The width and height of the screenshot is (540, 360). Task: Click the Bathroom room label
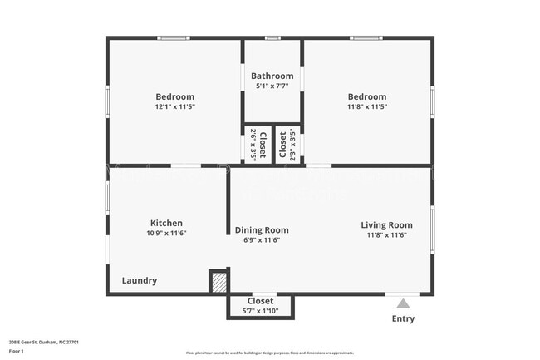(x=272, y=76)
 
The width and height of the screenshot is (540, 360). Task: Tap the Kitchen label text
(x=166, y=223)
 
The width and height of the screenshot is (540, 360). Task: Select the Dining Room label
(x=262, y=230)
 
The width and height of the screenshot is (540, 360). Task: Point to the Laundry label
(x=140, y=281)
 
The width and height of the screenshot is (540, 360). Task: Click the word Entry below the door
(x=403, y=319)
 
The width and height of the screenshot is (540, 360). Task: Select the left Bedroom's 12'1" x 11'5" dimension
(x=174, y=106)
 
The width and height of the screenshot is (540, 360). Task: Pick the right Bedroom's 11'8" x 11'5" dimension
(x=367, y=106)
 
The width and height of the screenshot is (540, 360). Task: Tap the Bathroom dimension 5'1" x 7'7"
(x=272, y=86)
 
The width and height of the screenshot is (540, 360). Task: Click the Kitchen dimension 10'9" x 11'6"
(x=166, y=234)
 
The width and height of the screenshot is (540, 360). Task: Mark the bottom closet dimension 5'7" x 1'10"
(x=260, y=311)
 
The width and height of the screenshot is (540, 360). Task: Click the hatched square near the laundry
(x=218, y=282)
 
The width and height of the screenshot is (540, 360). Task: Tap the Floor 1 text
(x=16, y=351)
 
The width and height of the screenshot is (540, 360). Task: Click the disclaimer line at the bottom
(x=269, y=353)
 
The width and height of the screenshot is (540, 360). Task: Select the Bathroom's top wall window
(x=272, y=37)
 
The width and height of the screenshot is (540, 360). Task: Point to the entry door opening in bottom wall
(x=403, y=293)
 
